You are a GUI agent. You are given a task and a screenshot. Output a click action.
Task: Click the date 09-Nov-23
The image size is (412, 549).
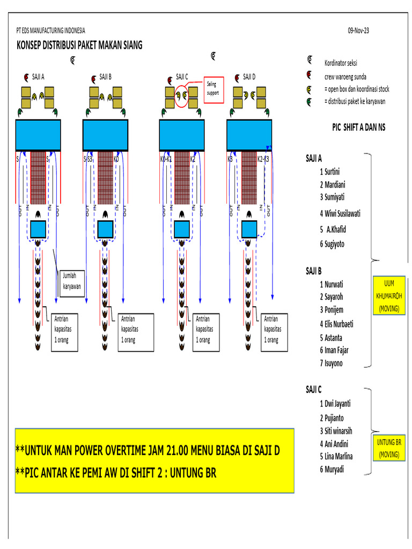coord(358,31)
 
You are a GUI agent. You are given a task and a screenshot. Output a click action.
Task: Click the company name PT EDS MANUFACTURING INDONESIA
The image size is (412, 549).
coord(51,31)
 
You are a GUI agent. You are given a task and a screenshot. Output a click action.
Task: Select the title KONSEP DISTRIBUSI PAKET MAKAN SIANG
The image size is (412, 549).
coord(79,46)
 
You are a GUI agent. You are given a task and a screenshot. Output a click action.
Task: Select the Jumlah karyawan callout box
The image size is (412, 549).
coord(72,281)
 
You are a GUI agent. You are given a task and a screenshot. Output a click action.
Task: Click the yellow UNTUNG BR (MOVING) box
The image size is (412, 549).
coord(390,448)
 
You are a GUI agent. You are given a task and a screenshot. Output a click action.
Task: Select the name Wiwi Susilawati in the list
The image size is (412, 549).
coord(340,213)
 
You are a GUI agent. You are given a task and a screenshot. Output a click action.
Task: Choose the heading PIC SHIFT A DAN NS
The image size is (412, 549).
coord(358,127)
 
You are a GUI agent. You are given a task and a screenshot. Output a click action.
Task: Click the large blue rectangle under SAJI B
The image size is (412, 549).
coord(105,135)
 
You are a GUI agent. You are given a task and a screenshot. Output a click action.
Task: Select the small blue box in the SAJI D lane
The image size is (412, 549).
coord(249,229)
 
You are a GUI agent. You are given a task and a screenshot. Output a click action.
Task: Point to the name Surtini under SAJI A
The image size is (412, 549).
coord(333,172)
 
